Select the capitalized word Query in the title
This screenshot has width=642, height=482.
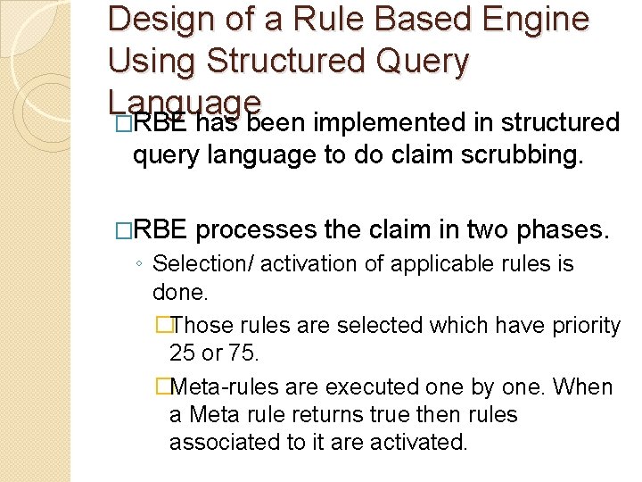pyautogui.click(x=424, y=61)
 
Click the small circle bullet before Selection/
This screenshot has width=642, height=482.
pyautogui.click(x=140, y=265)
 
